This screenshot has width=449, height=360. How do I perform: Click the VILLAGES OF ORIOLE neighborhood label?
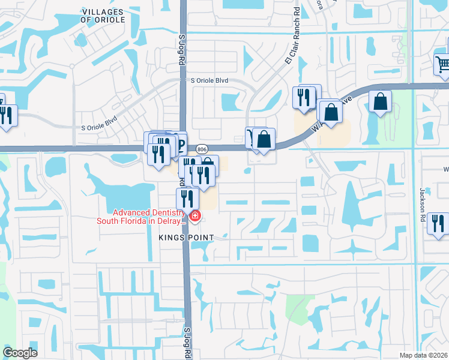(x=103, y=16)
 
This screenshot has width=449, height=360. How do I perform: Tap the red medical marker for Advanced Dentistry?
(x=195, y=215)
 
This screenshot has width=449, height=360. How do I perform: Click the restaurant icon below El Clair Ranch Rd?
(x=304, y=97)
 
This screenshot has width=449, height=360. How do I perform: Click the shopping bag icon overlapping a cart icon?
(x=264, y=139)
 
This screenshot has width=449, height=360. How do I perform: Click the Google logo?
(x=20, y=352)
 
